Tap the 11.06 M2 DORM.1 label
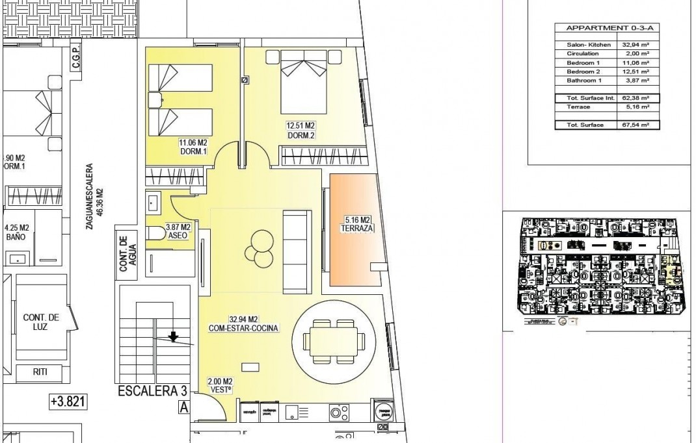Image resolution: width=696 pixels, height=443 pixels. click(x=193, y=147)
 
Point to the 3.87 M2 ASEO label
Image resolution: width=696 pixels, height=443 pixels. click(x=178, y=231)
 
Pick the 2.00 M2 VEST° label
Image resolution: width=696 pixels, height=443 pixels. click(x=221, y=385)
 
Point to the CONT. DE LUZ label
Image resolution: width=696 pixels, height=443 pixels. click(x=42, y=322)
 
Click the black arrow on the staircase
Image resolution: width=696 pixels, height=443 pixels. click(x=173, y=336)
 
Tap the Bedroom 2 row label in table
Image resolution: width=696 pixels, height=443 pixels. click(x=582, y=71)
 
